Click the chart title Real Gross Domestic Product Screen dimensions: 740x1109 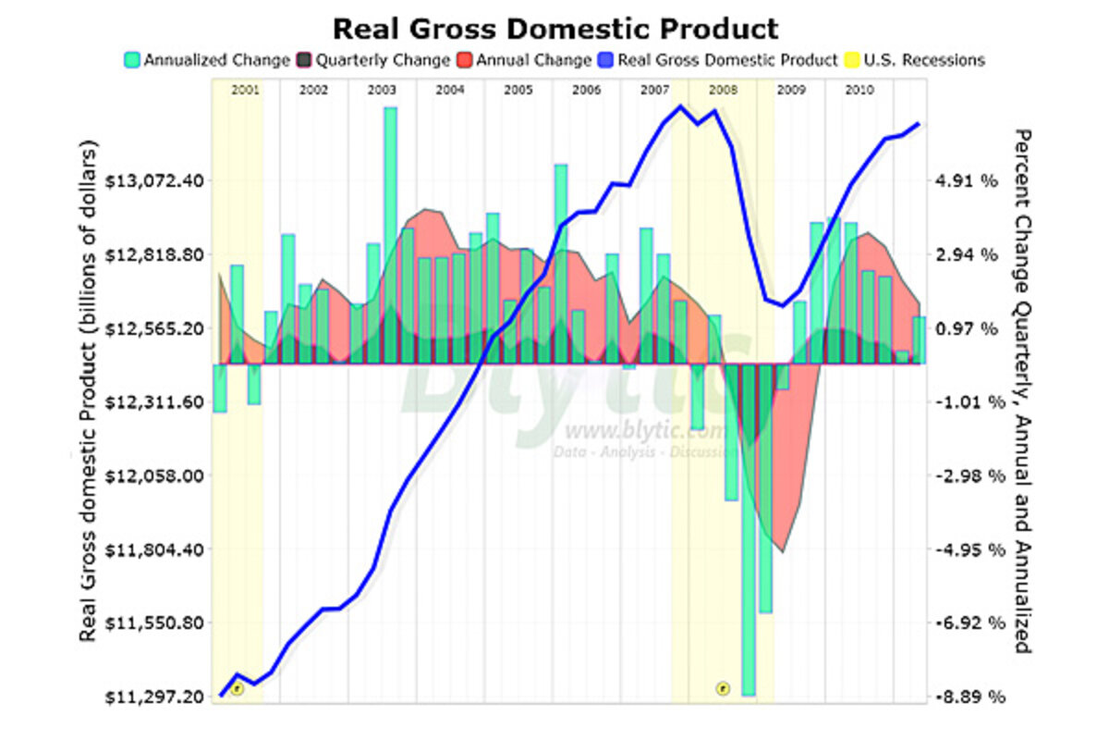(x=554, y=28)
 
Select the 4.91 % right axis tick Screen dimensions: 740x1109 (x=968, y=180)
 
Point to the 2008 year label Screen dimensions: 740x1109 (x=723, y=91)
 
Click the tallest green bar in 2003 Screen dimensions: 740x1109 (x=391, y=231)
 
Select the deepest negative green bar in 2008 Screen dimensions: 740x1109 (x=749, y=527)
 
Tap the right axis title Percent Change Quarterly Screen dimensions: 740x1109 (x=1023, y=388)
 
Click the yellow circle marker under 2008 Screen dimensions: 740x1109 (x=723, y=687)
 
